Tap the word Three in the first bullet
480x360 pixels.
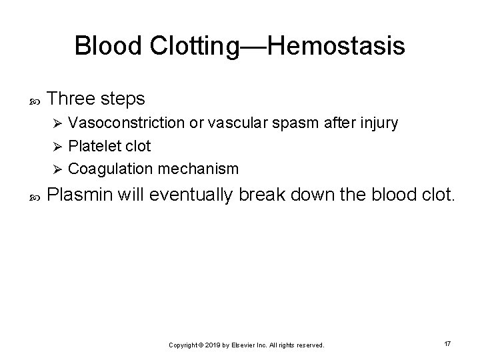(73, 99)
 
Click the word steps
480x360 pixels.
(123, 99)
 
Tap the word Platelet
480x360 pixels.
(93, 146)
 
